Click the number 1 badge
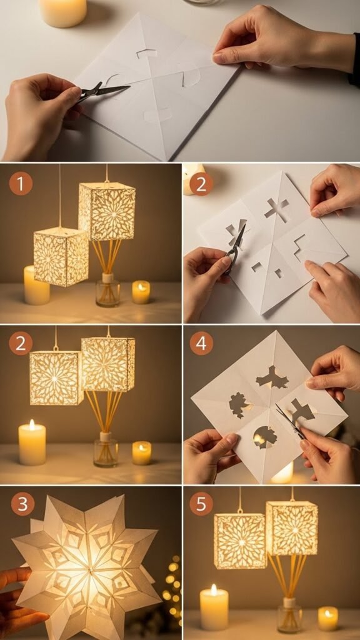click(21, 183)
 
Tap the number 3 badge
click(22, 504)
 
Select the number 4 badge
click(201, 343)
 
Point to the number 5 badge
click(201, 504)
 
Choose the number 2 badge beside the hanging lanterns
click(21, 343)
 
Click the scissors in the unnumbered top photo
click(102, 92)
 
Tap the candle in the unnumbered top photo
click(63, 12)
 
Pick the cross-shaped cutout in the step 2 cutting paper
click(276, 209)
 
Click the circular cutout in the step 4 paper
click(265, 437)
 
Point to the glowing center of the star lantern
click(87, 569)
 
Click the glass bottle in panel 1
click(107, 290)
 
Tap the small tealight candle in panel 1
click(141, 292)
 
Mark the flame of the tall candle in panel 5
click(214, 589)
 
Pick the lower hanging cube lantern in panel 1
click(61, 256)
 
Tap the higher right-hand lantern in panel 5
click(292, 528)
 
